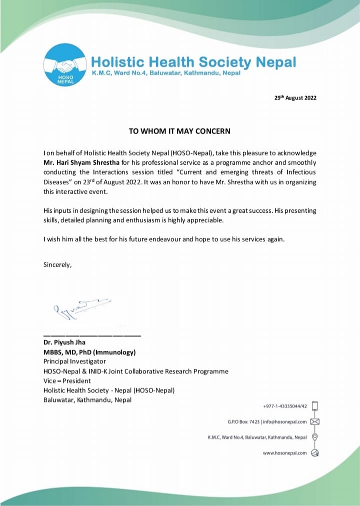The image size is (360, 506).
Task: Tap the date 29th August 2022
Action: (x=295, y=98)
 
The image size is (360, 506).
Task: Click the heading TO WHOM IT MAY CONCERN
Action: (x=179, y=131)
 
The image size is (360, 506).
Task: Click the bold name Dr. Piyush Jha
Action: (x=64, y=343)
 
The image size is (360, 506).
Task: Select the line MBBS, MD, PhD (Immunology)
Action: (x=89, y=352)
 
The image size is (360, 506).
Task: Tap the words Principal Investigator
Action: (x=74, y=361)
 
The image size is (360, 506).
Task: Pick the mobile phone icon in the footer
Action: (x=315, y=406)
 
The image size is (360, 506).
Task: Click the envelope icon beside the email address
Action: (x=315, y=421)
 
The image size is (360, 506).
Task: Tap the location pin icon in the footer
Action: (x=315, y=437)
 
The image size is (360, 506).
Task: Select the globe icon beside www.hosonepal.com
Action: (x=315, y=453)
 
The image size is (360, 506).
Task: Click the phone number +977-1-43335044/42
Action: (x=285, y=406)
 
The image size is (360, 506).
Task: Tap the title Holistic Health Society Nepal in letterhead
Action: (x=193, y=62)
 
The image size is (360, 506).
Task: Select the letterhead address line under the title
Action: (x=165, y=73)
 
